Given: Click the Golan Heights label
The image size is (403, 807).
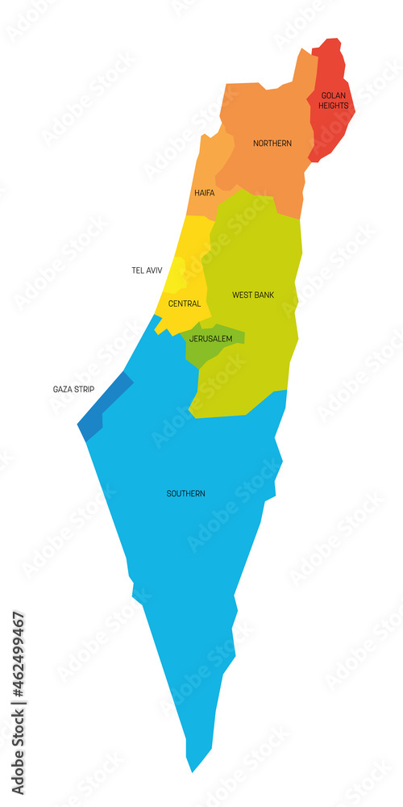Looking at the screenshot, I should click(x=333, y=100).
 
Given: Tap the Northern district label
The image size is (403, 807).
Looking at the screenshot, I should click(x=272, y=143).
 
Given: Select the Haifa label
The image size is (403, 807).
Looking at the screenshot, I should click(x=204, y=194).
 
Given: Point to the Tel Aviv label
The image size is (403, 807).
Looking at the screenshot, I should click(x=147, y=270).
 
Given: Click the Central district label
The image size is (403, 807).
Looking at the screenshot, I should click(x=185, y=303).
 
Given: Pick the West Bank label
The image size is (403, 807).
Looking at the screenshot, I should click(x=253, y=295).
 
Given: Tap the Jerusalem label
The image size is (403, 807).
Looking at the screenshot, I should click(x=210, y=338).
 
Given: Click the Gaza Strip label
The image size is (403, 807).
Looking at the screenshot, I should click(x=73, y=389).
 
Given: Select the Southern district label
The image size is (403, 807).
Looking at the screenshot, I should click(x=185, y=493).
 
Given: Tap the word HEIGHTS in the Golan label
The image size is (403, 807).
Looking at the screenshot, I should click(x=333, y=106).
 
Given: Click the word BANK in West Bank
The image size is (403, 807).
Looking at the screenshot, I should click(x=264, y=295).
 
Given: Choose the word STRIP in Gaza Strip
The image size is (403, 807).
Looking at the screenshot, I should click(x=84, y=389).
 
